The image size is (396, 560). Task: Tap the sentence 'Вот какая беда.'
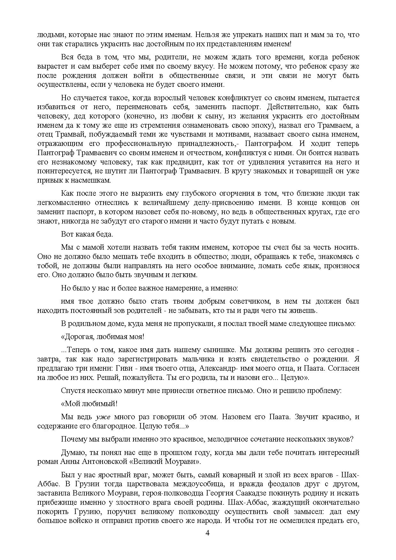(87, 234)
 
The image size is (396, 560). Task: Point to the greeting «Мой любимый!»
(89, 404)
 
